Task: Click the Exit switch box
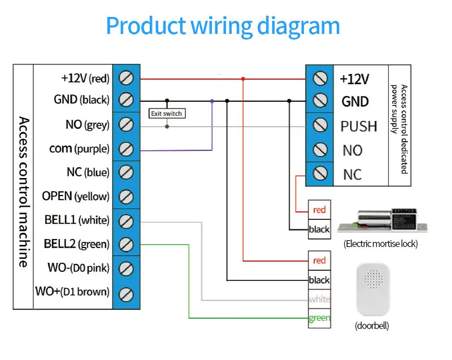[x=166, y=114]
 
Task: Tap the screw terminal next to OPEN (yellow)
[x=127, y=197]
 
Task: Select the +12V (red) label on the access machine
[x=85, y=77]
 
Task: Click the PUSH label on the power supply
[x=358, y=126]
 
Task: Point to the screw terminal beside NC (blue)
[x=127, y=172]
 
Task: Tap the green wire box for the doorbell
[x=319, y=318]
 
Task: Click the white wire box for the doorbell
[x=319, y=299]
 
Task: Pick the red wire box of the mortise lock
[x=319, y=210]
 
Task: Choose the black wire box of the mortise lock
[x=319, y=229]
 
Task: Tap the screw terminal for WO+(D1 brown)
[x=127, y=293]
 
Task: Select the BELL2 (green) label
[x=76, y=244]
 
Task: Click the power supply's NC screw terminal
[x=320, y=174]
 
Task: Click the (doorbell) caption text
[x=372, y=326]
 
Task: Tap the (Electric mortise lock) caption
[x=381, y=244]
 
